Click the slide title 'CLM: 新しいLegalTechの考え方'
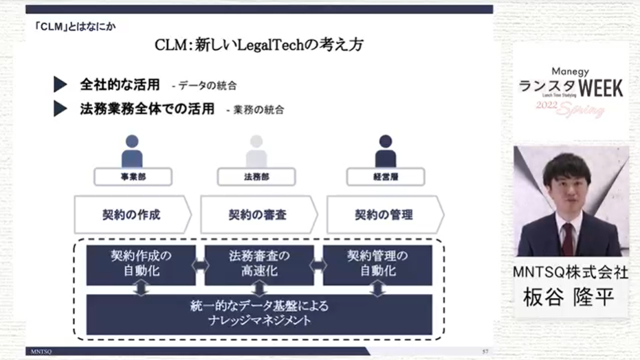point(259,45)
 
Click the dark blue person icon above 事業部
point(132,151)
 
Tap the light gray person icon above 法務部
point(256,151)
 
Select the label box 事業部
point(133,177)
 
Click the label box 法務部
point(256,177)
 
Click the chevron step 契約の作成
point(131,214)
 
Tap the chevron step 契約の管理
point(384,214)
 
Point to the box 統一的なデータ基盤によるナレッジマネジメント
point(258,313)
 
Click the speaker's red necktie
point(567,238)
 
